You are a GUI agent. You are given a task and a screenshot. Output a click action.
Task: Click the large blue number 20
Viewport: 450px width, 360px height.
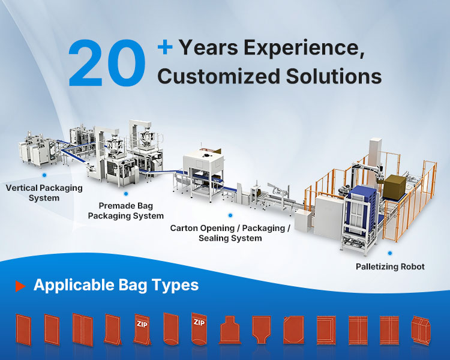tap(107, 63)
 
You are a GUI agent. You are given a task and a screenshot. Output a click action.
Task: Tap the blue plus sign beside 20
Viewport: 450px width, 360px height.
tap(165, 47)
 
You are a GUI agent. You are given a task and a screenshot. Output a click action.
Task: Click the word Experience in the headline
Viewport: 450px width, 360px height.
tap(304, 48)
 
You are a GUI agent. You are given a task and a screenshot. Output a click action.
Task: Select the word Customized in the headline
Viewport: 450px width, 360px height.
tap(218, 76)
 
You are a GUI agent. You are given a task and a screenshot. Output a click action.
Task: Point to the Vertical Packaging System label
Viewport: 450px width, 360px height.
tap(44, 193)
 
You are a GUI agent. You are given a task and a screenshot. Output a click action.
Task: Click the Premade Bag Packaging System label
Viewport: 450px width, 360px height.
tap(126, 211)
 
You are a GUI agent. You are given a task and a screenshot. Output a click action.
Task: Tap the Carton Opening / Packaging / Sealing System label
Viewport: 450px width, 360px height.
tap(230, 233)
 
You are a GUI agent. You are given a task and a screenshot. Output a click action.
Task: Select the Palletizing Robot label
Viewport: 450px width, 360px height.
tap(390, 266)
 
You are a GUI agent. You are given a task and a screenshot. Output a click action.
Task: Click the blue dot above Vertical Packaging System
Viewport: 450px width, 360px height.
tap(44, 175)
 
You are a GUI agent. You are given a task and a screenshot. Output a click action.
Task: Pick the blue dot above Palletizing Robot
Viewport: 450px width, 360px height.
tap(390, 253)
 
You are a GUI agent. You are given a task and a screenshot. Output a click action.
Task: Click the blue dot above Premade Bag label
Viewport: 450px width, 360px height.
tap(126, 194)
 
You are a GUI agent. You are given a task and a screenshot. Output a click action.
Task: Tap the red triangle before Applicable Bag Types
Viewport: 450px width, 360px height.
tap(20, 286)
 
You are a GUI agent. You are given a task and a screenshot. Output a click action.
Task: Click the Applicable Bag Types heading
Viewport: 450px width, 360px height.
tap(116, 286)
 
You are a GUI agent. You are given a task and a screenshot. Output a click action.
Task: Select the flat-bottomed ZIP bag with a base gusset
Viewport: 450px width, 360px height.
tap(143, 329)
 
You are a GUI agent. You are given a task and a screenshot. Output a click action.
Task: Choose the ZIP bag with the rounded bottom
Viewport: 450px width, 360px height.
tap(199, 328)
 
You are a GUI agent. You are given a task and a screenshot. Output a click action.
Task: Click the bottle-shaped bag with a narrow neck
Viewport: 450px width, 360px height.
tap(229, 329)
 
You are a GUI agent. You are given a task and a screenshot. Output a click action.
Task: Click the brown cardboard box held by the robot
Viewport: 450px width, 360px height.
tap(395, 187)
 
